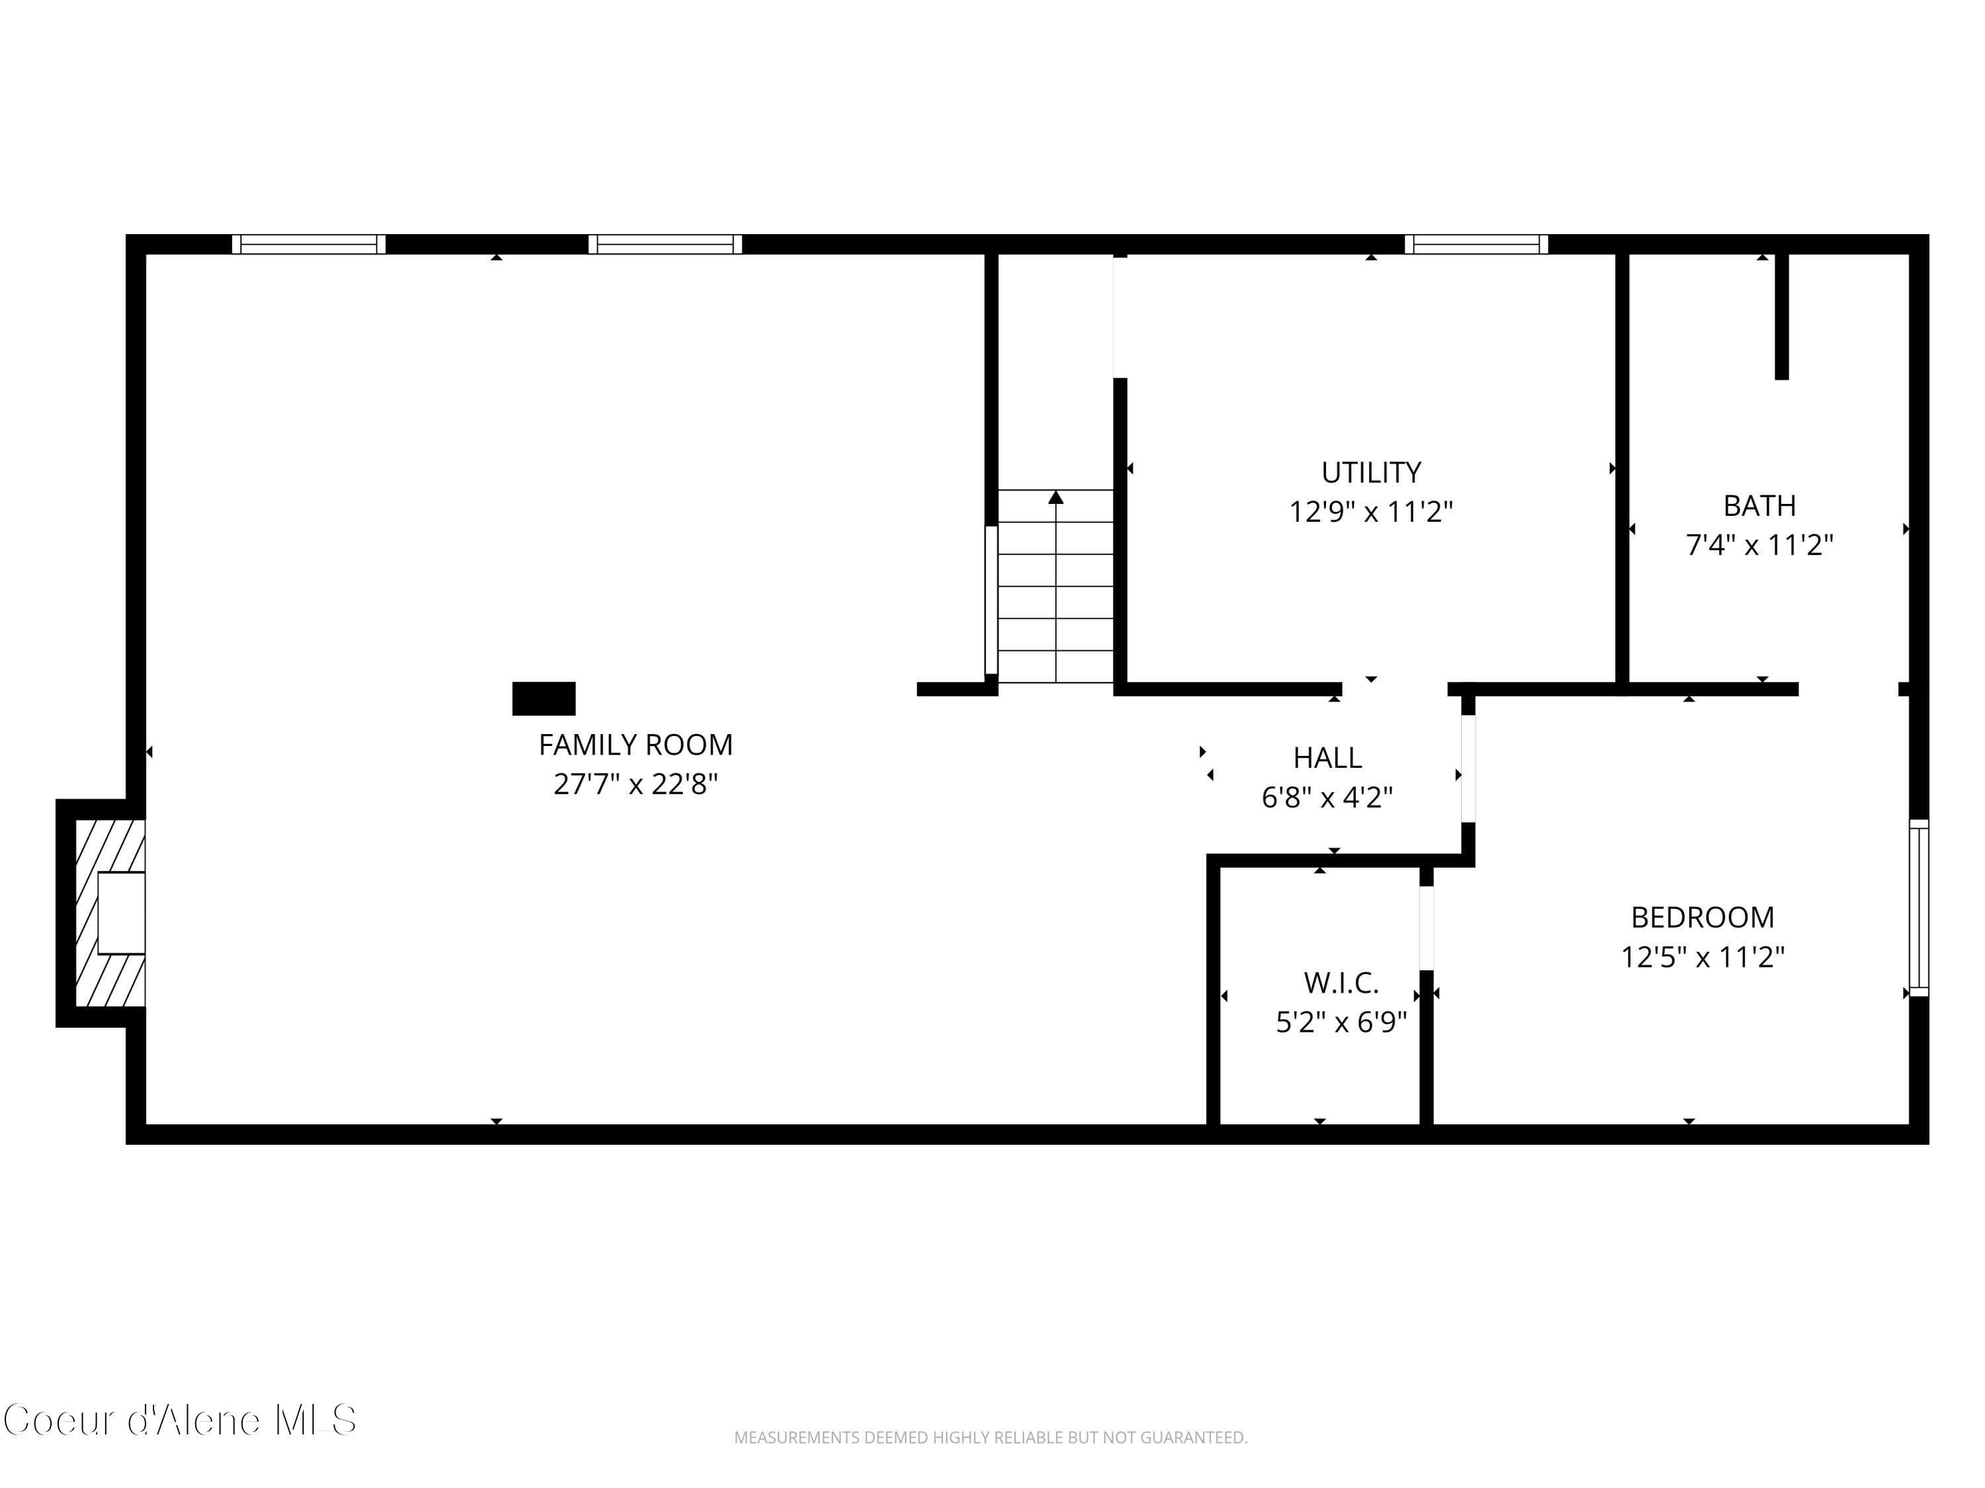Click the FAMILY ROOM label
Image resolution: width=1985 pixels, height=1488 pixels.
coord(635,745)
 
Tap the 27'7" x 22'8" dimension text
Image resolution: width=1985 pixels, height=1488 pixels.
coord(635,784)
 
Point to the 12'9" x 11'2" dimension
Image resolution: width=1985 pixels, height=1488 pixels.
coord(1370,511)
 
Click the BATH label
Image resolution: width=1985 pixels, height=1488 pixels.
coord(1759,505)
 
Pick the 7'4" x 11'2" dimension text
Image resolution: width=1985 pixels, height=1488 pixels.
coord(1759,544)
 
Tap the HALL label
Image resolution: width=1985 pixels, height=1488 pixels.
coord(1327,758)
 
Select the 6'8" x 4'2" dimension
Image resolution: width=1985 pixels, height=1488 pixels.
coord(1327,796)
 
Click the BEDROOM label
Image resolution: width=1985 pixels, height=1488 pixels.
coord(1702,917)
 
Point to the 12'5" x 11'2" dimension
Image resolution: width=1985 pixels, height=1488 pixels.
coord(1702,957)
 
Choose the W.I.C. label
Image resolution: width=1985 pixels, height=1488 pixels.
coord(1341,983)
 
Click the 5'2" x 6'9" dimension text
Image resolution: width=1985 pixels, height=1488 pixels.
coord(1341,1022)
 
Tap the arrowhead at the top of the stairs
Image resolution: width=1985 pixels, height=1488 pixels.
coord(1056,497)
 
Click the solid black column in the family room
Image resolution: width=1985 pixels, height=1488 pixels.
coord(544,699)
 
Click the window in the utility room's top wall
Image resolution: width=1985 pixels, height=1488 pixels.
coord(1476,244)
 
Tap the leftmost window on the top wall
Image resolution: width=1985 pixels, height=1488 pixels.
coord(309,244)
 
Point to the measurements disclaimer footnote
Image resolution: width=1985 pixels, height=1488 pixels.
coord(991,1438)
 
